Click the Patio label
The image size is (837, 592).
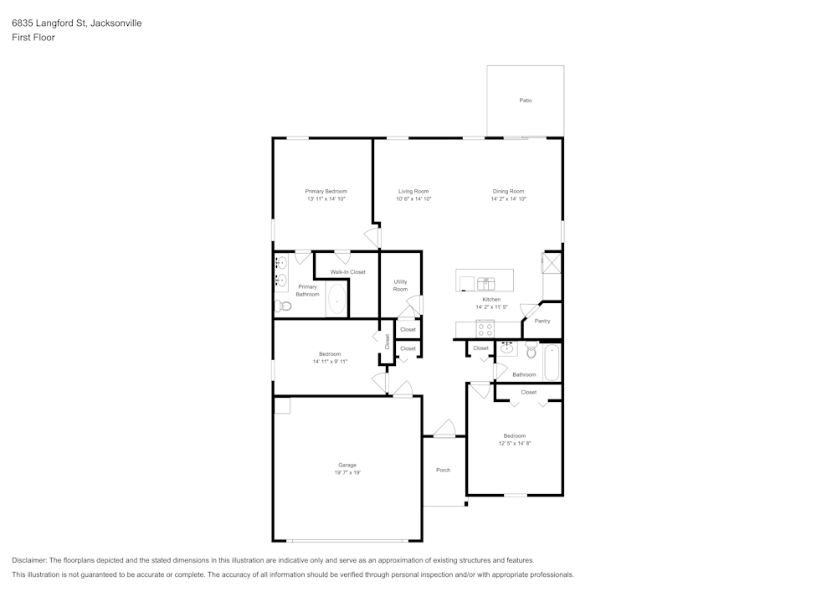tap(526, 100)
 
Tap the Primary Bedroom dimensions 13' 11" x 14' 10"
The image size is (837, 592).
tap(326, 199)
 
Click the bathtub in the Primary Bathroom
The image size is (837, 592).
tap(336, 299)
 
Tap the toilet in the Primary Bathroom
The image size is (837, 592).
tap(284, 306)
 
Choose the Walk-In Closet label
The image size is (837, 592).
tap(347, 272)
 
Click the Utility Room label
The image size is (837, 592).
tap(400, 286)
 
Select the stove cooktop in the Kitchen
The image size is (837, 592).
tap(485, 328)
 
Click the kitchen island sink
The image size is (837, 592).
tap(486, 282)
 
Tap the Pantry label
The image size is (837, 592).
tap(542, 321)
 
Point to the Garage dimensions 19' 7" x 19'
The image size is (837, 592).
tap(347, 473)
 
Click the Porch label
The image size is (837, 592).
tap(443, 470)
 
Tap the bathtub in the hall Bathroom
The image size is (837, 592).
tap(551, 363)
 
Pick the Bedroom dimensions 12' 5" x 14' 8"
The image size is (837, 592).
tap(514, 443)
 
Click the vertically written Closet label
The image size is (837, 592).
tap(388, 342)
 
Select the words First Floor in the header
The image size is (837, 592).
tap(33, 38)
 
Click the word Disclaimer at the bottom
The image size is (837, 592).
tap(29, 560)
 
